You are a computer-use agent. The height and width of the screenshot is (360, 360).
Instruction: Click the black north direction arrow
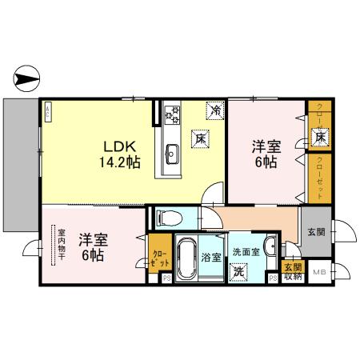pos(27,79)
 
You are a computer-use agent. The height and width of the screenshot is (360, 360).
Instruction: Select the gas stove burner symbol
pos(171,114)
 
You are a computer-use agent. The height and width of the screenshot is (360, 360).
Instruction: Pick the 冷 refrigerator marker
pos(214,110)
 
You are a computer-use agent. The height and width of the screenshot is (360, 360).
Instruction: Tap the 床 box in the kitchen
pos(197,138)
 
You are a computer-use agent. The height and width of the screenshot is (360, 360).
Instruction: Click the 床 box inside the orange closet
pos(318,138)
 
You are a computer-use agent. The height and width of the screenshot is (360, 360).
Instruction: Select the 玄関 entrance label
pos(315,233)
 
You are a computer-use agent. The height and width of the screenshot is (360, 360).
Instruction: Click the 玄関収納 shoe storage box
pos(293,272)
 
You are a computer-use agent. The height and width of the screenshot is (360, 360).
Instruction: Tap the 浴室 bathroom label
pos(211,258)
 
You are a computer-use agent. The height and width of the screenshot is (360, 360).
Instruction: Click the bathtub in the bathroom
pos(186,260)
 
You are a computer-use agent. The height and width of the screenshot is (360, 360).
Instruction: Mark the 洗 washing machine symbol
pos(239,272)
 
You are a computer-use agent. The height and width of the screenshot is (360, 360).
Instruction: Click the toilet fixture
pos(167,216)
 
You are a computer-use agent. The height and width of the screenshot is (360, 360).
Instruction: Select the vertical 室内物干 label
pos(61,245)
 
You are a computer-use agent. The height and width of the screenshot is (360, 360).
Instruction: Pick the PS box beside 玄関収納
pos(273,278)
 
